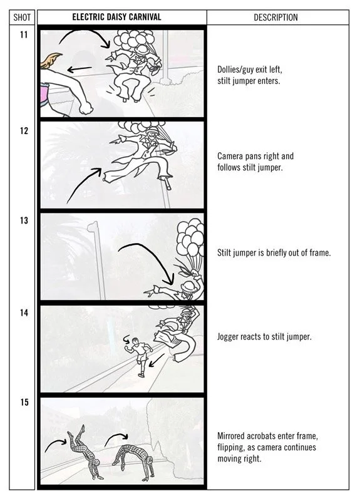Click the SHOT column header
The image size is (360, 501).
coord(22,18)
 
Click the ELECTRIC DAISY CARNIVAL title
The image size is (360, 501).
coord(116,17)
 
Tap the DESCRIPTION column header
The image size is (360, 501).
coord(275,18)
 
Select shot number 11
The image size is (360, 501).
coord(24,34)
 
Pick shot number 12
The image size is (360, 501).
coord(24,131)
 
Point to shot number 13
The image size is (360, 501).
coord(24,220)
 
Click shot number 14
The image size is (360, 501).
coord(24,312)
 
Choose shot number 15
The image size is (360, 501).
coord(24,402)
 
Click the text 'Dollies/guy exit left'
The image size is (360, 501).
coord(250,70)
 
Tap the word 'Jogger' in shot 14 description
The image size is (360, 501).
coord(228,337)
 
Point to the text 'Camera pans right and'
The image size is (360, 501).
coord(255,156)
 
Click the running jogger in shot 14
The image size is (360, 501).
coord(140,357)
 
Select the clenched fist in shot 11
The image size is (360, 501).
coord(86,108)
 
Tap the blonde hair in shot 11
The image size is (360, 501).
coord(52,61)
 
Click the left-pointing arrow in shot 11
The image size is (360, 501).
coord(80,69)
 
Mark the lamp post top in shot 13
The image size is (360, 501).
coord(93,227)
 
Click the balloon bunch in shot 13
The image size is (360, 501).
coord(191,238)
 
